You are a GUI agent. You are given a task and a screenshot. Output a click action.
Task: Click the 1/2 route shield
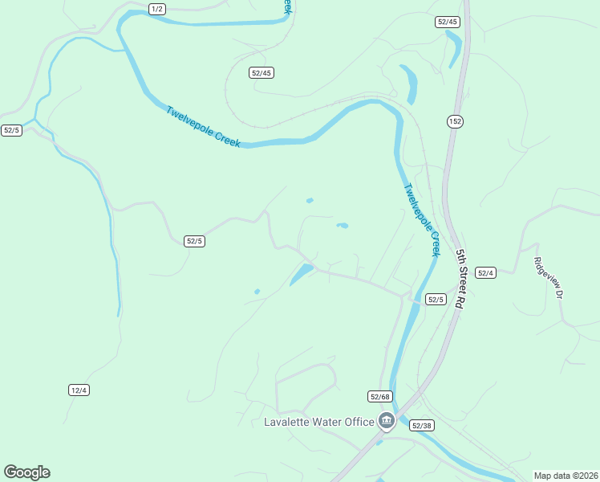(157, 8)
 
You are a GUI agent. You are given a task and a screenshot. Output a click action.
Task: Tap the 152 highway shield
(456, 121)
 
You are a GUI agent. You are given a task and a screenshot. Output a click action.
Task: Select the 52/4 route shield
(486, 273)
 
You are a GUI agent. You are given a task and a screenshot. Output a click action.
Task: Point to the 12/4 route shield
(79, 390)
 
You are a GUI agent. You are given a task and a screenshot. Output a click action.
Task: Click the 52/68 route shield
(380, 396)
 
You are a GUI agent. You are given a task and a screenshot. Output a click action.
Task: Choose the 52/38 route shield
(421, 425)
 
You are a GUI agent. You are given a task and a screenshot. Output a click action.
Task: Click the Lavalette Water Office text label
(319, 422)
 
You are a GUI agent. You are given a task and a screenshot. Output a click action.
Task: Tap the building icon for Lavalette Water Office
(387, 420)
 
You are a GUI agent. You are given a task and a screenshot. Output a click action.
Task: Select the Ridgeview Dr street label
(549, 278)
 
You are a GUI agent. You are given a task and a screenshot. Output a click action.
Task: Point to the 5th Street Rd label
(460, 280)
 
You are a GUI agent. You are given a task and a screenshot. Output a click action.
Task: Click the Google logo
(26, 472)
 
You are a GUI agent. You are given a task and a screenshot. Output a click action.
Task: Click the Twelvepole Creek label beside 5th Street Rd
(422, 220)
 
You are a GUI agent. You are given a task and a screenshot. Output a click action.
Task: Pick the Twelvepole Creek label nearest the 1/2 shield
(204, 127)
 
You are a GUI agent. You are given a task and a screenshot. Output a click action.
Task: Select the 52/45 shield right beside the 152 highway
(448, 22)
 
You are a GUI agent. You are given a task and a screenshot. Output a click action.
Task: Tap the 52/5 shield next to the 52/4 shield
(435, 300)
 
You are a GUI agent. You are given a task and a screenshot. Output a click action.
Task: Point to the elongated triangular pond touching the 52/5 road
(301, 274)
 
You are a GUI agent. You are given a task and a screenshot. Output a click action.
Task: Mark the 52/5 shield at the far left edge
(11, 130)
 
